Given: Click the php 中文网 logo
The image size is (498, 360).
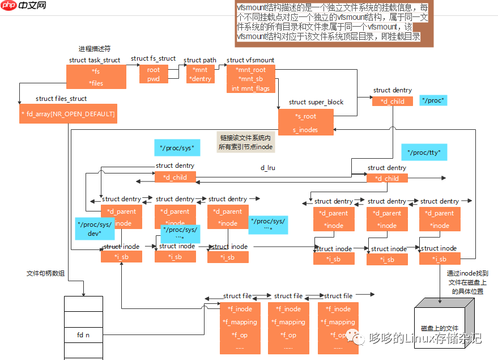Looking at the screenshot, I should (24, 7).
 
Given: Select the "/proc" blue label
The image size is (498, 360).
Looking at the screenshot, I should (433, 100).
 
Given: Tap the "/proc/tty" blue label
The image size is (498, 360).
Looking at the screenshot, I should (424, 152).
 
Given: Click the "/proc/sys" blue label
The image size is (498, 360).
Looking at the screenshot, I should (177, 148).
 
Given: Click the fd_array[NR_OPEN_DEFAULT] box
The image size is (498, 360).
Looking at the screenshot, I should (68, 114).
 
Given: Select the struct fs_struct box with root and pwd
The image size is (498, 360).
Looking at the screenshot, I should (153, 74).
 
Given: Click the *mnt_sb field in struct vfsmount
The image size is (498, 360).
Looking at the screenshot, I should (250, 79).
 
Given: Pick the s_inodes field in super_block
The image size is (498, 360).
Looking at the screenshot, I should (305, 130).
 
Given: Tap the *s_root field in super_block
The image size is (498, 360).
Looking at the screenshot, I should (305, 116).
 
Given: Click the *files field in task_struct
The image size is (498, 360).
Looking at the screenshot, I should (97, 83).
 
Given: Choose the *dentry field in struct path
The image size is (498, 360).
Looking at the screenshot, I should (200, 79).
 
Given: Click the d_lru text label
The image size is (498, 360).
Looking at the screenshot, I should (267, 168).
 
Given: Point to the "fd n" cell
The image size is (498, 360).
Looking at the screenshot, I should (83, 335).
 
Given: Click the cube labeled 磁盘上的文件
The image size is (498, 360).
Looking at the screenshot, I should (439, 328).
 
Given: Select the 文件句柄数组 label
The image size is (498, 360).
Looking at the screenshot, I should (45, 273).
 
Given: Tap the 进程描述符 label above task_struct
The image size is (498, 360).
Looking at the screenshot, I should (95, 49).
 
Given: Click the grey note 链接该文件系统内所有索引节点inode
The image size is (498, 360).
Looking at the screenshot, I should (245, 142).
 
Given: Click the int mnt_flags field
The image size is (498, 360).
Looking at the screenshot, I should (251, 88).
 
